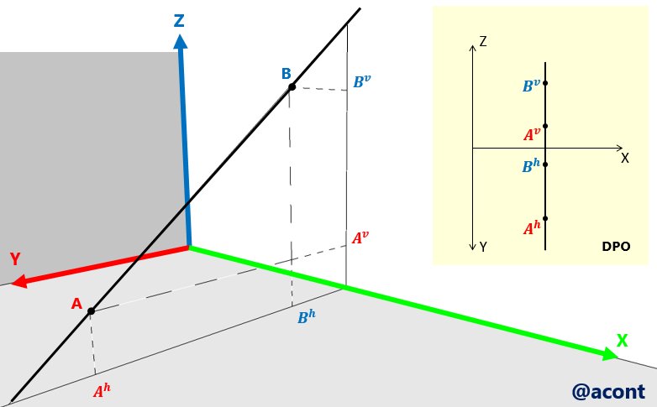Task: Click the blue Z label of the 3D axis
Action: point(179,21)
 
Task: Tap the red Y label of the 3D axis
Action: point(14,259)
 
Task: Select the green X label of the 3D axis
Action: point(622,341)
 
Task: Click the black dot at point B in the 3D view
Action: point(292,87)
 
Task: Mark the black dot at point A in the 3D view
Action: point(91,311)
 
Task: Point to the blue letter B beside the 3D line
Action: point(286,74)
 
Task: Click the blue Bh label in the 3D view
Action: point(307,318)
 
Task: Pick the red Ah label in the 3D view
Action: point(102,390)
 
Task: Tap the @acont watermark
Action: point(607,391)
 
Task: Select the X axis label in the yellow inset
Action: point(624,158)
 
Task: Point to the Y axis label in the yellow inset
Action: point(483,247)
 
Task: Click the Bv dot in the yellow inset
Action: point(545,83)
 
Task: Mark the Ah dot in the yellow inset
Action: point(545,218)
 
